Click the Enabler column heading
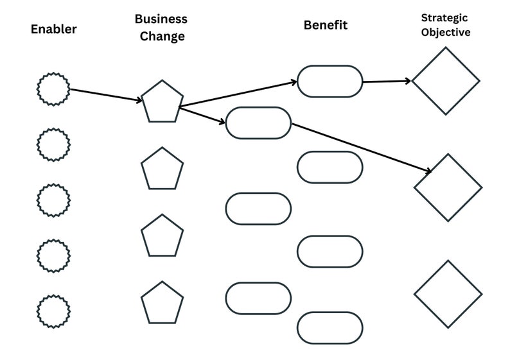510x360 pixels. (x=53, y=29)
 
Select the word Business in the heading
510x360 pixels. (x=161, y=19)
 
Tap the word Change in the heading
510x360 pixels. (x=161, y=37)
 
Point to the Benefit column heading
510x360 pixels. (x=325, y=25)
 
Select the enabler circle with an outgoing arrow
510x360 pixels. (x=53, y=89)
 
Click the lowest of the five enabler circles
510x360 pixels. (x=53, y=311)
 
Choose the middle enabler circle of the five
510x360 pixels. (x=53, y=200)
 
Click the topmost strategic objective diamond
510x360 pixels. (x=446, y=81)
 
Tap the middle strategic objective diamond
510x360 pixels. (x=448, y=187)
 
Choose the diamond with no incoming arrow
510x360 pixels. (x=448, y=294)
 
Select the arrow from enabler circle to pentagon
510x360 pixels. (x=106, y=95)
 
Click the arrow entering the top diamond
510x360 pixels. (x=387, y=81)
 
